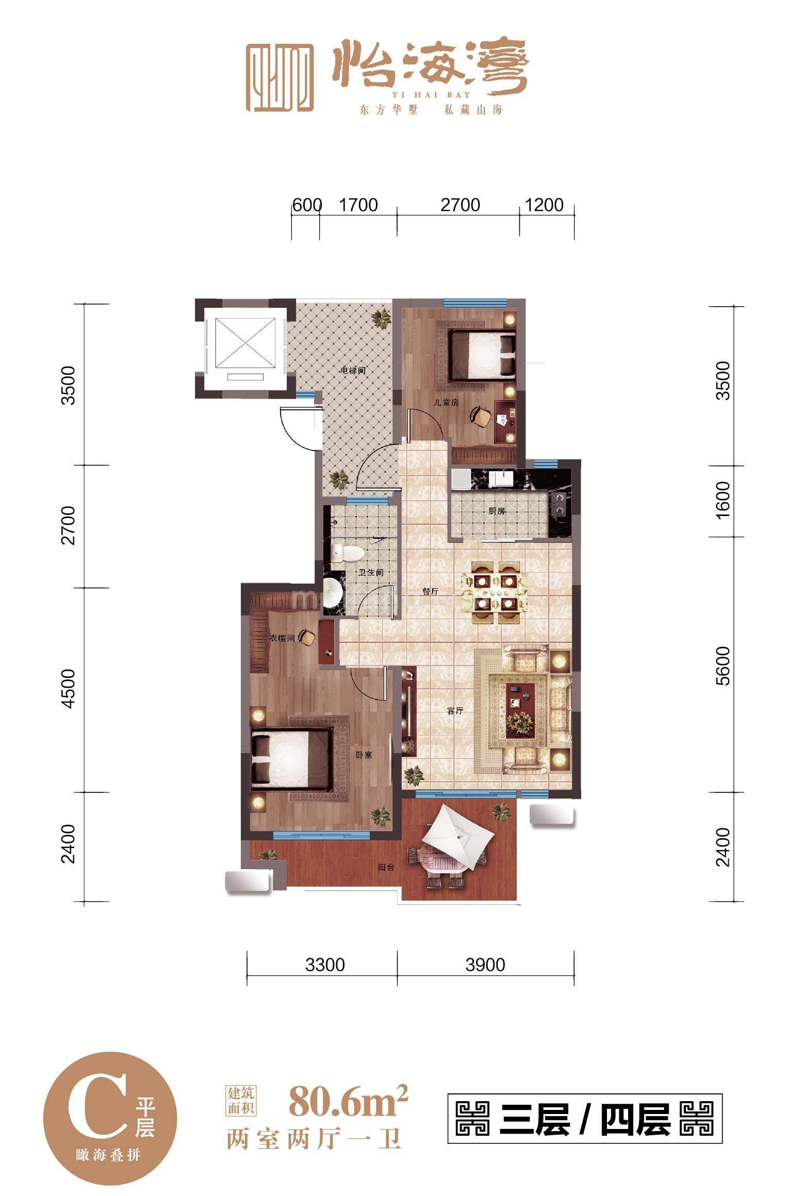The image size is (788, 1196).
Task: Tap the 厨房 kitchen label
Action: (497, 511)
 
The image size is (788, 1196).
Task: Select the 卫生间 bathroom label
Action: (371, 572)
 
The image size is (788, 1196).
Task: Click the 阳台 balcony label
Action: (386, 868)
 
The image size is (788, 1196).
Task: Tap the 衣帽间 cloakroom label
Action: (282, 638)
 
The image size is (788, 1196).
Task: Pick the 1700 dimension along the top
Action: (358, 205)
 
